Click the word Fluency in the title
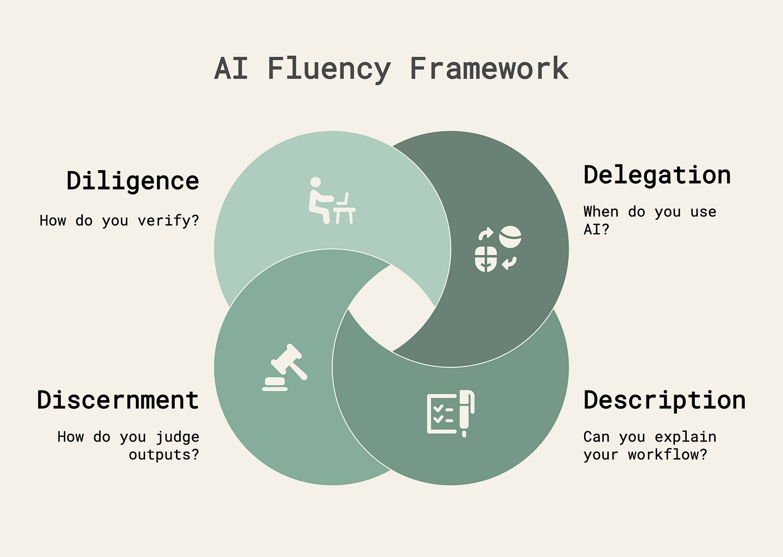pyautogui.click(x=329, y=69)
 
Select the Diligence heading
pyautogui.click(x=133, y=181)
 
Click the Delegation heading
pyautogui.click(x=657, y=175)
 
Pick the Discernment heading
pyautogui.click(x=118, y=400)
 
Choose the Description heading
pyautogui.click(x=665, y=400)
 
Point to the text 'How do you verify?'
pyautogui.click(x=119, y=220)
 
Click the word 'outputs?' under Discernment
pyautogui.click(x=163, y=454)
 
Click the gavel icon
pyautogui.click(x=284, y=367)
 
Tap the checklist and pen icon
pyautogui.click(x=451, y=413)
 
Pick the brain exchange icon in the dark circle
pyautogui.click(x=498, y=249)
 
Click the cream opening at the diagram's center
pyautogui.click(x=391, y=308)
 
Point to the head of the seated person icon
pyautogui.click(x=316, y=183)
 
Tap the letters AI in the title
pyautogui.click(x=231, y=69)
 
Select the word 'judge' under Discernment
pyautogui.click(x=177, y=437)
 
